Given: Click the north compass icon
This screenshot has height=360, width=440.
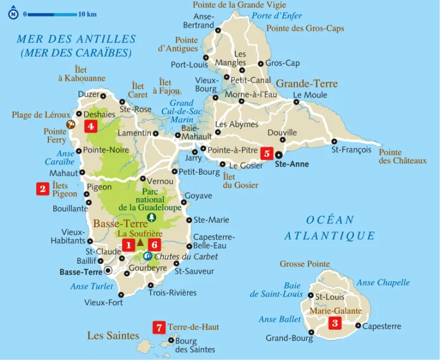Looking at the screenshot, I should [13, 14].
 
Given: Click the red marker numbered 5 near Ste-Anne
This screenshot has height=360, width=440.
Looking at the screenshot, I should [267, 154].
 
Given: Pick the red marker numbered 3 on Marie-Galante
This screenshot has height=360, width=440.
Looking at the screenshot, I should [334, 324].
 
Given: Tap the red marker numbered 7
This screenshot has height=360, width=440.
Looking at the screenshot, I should [159, 328].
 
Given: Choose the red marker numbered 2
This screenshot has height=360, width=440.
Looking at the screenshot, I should [42, 189].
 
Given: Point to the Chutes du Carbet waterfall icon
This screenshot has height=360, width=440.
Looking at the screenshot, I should [147, 256].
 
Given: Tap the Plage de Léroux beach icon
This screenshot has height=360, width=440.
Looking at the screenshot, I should [70, 124].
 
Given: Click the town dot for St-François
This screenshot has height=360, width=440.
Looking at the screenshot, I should [334, 141].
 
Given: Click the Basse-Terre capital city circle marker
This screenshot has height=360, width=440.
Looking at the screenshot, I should [108, 270].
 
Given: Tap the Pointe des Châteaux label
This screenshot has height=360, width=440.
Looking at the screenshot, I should [403, 156].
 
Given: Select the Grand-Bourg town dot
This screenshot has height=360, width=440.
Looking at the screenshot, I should [311, 332].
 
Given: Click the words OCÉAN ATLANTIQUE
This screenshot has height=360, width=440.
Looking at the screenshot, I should [330, 228].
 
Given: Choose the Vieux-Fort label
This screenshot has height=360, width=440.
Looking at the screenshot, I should [103, 303].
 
